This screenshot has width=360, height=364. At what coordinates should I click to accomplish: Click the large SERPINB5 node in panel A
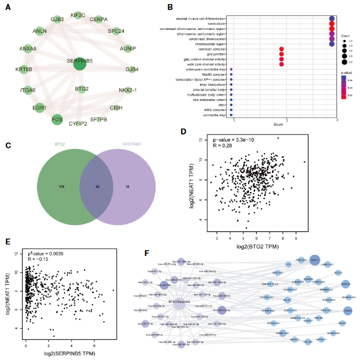[81, 63]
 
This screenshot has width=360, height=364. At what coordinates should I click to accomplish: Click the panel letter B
[170, 8]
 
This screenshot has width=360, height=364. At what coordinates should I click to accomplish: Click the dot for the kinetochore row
[332, 23]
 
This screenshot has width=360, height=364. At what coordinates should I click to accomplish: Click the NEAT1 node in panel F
[314, 259]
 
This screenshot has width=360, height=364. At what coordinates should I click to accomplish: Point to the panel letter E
[8, 242]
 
